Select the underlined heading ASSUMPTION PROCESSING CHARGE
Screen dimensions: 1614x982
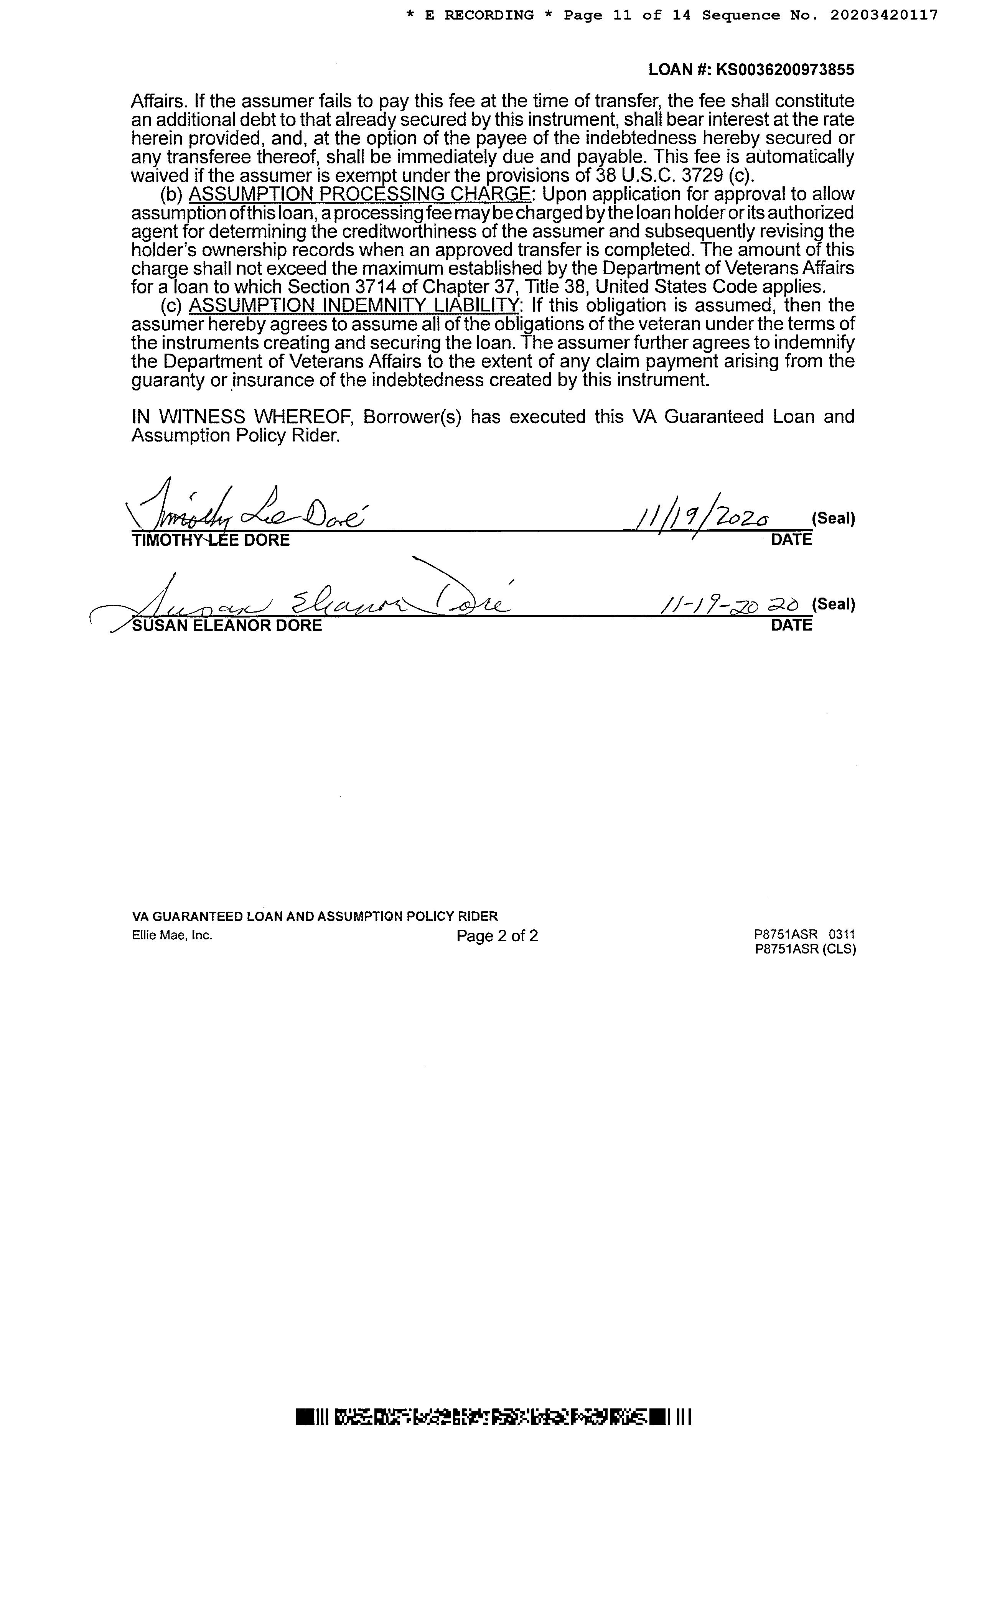tap(359, 194)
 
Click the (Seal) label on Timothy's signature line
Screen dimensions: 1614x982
tap(833, 519)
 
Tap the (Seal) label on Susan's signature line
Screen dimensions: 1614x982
tap(833, 604)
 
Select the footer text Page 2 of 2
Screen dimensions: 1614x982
tap(497, 936)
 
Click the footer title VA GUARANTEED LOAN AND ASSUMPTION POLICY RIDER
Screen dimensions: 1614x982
tap(315, 916)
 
